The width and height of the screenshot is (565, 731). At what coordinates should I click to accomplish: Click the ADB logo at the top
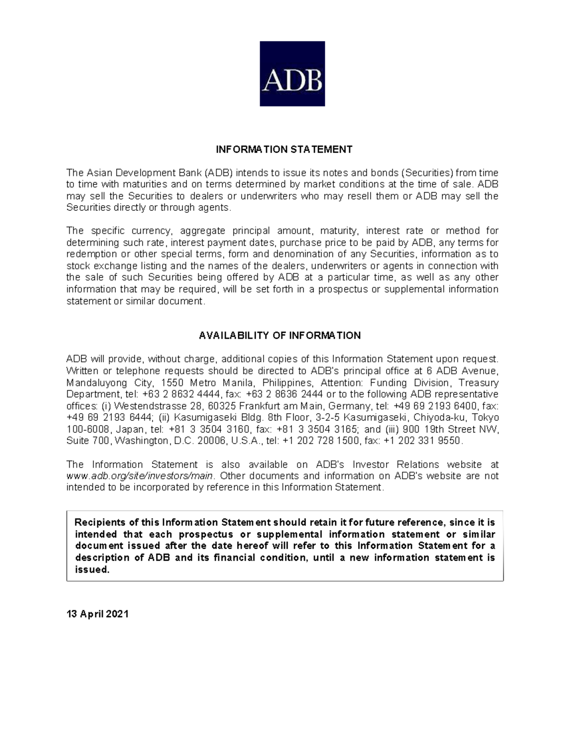292,73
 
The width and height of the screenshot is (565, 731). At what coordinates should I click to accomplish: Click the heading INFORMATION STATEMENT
284,150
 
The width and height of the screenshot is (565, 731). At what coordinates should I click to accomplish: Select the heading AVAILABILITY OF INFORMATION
280,336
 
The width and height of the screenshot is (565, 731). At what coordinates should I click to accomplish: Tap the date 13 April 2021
97,614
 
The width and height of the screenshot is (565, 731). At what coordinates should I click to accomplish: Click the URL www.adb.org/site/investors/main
140,476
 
